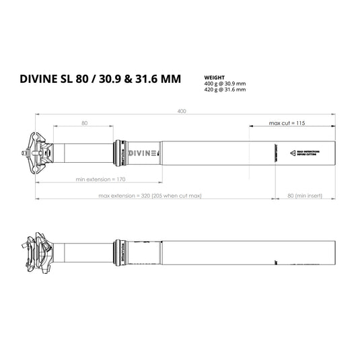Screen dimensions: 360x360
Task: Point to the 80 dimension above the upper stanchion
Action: (84, 122)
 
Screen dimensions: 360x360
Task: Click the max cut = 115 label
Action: (287, 124)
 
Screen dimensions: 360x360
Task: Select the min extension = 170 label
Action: (101, 180)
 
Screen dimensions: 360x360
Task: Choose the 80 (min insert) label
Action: (305, 196)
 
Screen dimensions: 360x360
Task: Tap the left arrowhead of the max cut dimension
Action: (250, 124)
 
